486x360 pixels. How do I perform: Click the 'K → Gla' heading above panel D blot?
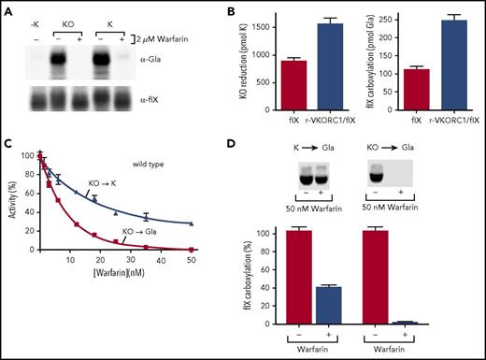coord(318,151)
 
